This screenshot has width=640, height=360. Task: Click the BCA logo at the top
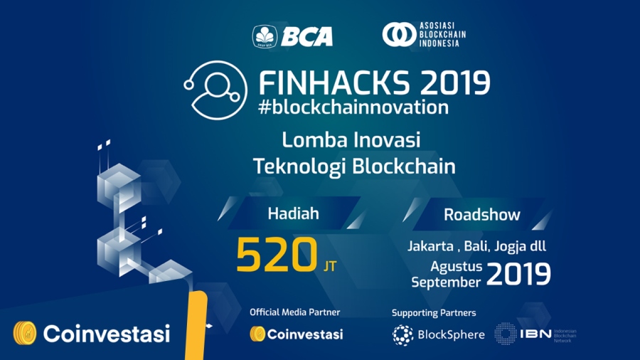point(292,36)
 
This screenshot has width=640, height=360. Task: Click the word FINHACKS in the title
point(334,83)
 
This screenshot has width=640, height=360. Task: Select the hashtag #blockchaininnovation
point(353,107)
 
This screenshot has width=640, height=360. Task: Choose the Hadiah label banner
point(293,213)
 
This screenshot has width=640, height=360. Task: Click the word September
point(447,282)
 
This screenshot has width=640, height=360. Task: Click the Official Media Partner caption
point(294,312)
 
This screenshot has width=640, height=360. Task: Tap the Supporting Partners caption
point(433,312)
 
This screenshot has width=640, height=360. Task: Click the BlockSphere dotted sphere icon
point(403,334)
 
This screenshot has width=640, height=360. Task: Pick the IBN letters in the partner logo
point(535,334)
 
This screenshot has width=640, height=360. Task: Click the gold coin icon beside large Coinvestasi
point(24,332)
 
